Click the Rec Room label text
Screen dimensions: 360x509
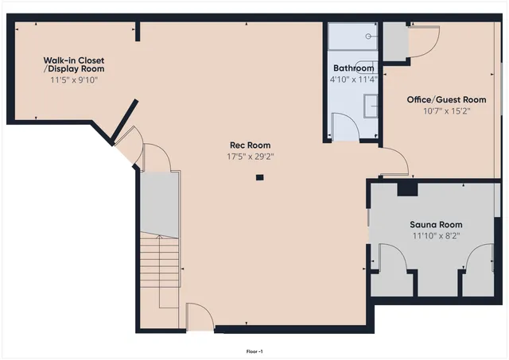250,145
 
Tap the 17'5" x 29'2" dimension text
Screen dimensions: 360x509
250,157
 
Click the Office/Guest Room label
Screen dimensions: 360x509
445,99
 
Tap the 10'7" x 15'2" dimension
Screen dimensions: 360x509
445,110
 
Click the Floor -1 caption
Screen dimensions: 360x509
254,350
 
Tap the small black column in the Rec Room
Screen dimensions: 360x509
259,178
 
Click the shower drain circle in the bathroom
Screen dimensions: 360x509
368,36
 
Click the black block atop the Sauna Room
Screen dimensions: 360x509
407,188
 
